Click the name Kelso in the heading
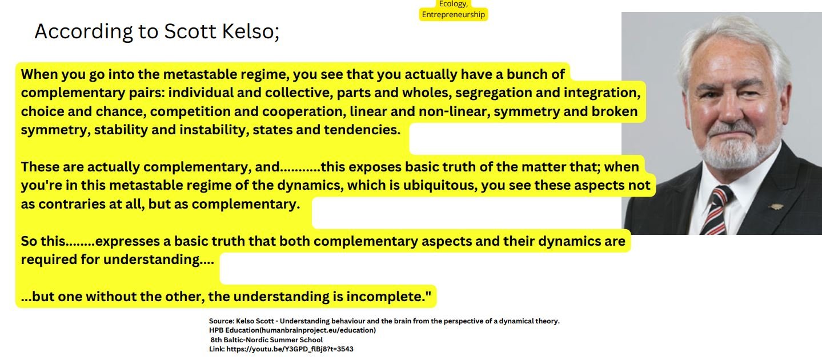pos(250,31)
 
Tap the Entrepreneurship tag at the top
pos(453,15)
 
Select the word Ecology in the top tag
pos(453,4)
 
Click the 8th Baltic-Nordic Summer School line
pos(267,340)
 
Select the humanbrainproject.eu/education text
pos(318,330)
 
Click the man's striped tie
pos(716,210)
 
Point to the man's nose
pos(729,110)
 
